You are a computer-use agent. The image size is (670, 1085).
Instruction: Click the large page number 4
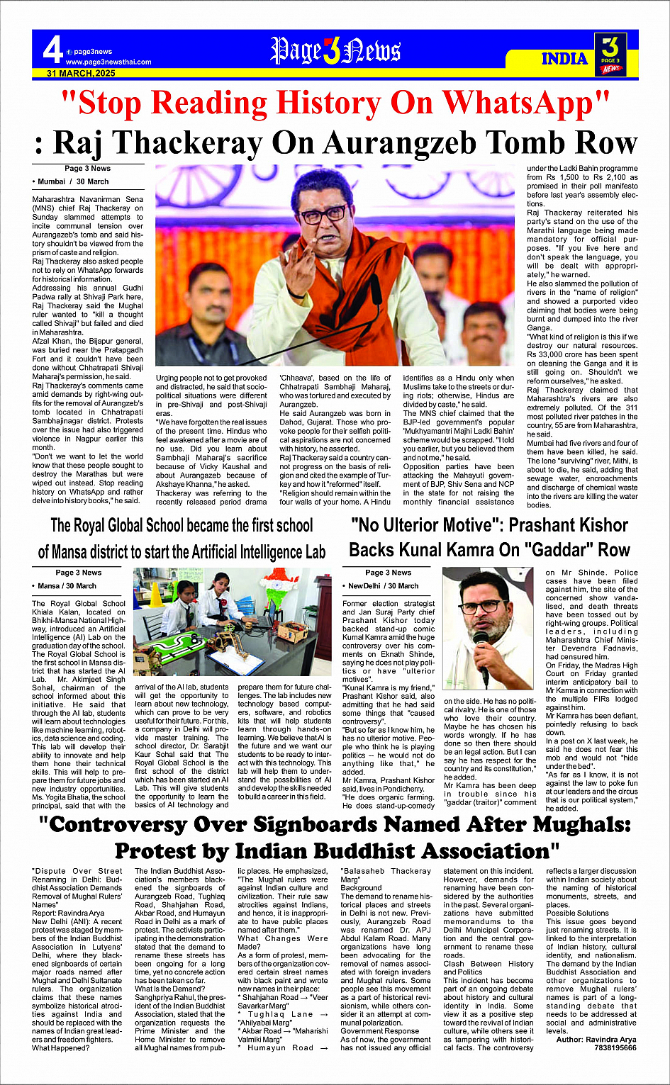point(52,50)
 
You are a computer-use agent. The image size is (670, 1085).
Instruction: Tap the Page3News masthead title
point(335,51)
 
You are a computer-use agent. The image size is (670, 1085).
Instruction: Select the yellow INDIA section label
point(564,58)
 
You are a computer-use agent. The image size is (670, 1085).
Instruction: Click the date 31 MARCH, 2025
point(81,73)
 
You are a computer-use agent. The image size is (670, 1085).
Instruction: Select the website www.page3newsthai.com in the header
point(108,62)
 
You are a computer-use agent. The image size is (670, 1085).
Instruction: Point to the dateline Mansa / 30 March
point(65,586)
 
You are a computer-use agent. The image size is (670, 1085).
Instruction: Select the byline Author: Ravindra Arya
point(596,1039)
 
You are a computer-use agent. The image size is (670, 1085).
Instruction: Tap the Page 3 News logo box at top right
point(610,54)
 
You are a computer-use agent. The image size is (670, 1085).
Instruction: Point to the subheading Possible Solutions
point(577,913)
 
